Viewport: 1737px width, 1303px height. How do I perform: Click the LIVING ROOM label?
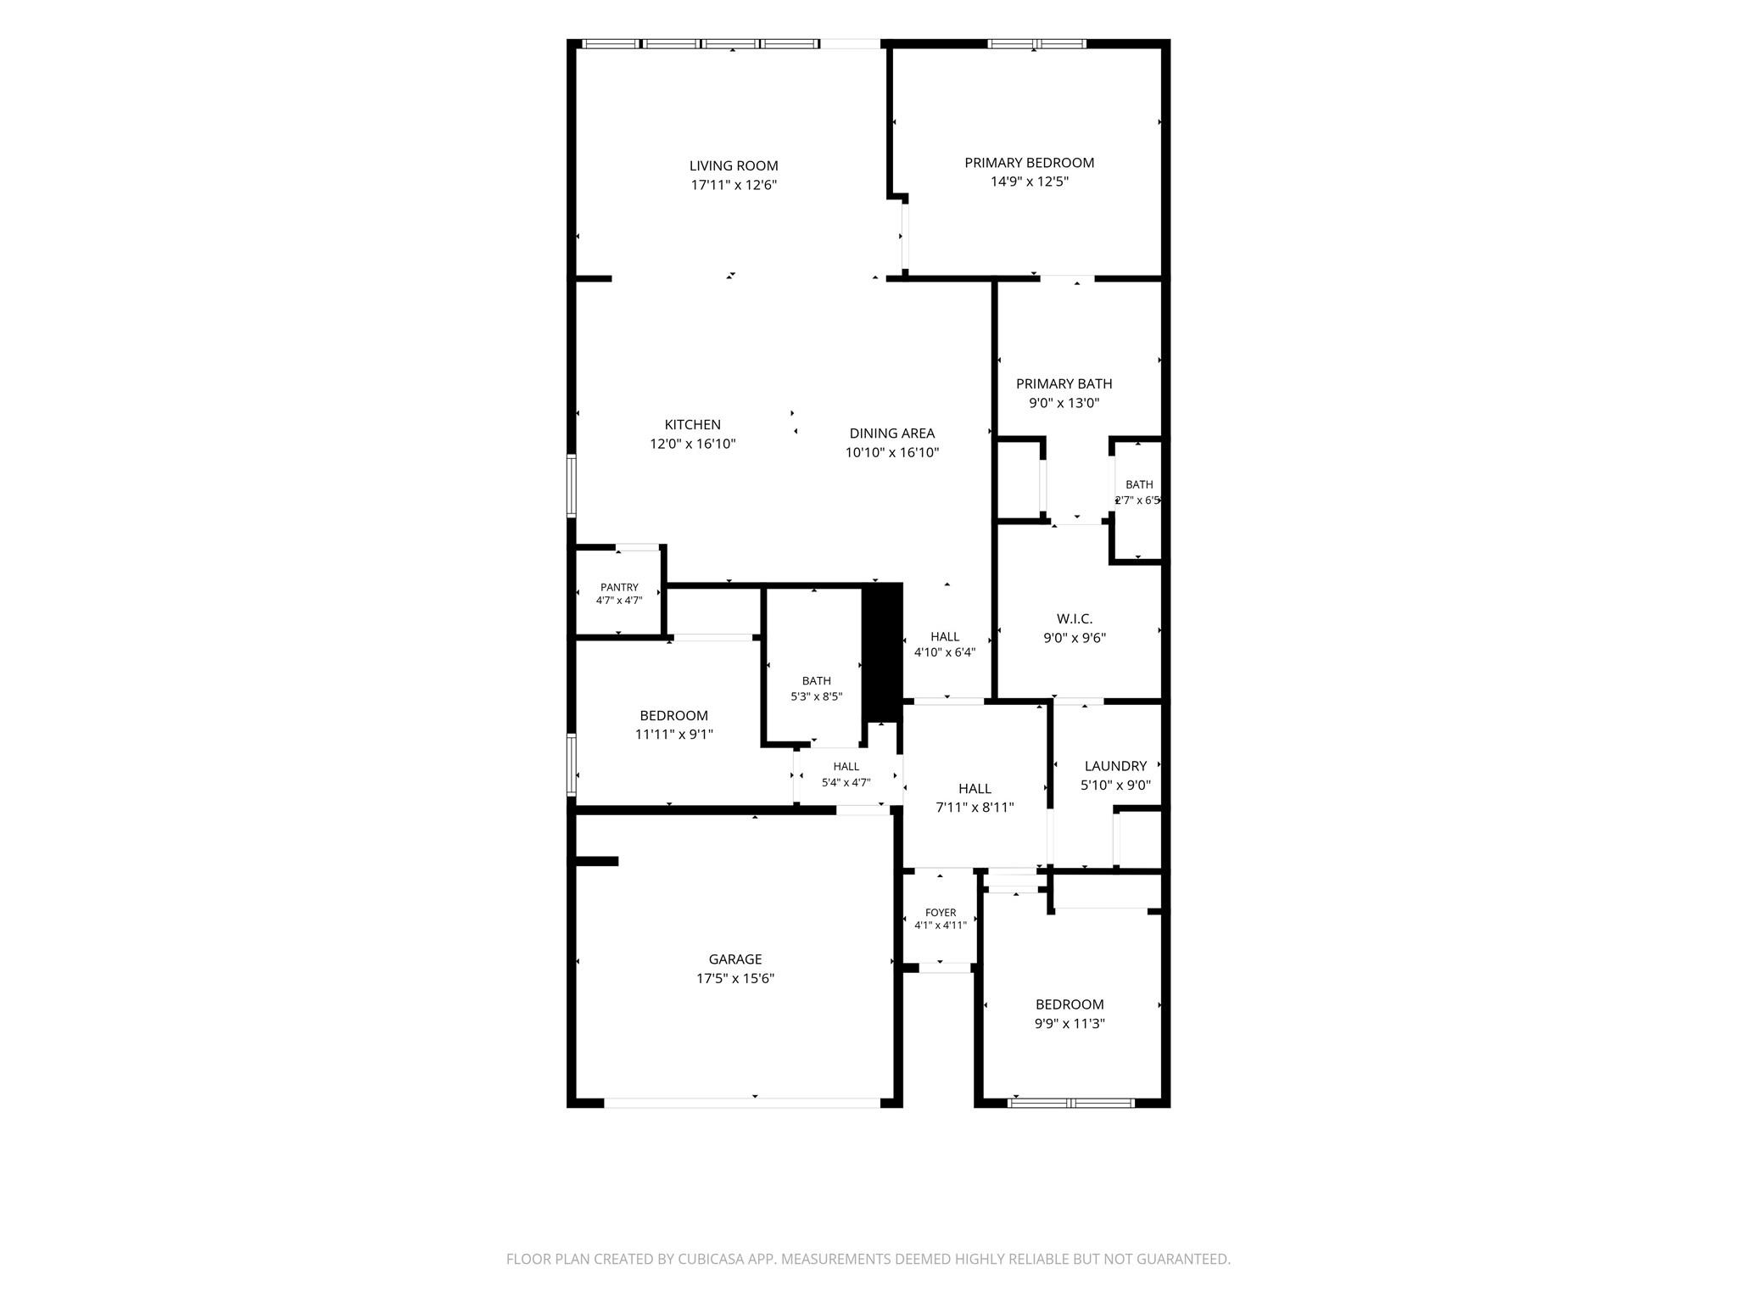734,166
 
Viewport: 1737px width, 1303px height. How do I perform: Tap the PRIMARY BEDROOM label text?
1030,163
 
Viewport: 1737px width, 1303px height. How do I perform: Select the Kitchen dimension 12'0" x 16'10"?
693,444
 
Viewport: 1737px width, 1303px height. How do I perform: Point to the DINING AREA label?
892,433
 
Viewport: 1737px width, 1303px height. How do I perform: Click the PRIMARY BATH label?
1064,384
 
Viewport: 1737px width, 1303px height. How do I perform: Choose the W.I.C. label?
1075,619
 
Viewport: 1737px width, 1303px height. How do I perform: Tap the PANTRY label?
619,587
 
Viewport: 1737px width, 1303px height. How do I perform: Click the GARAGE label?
735,959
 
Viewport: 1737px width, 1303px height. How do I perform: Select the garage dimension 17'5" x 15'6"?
735,979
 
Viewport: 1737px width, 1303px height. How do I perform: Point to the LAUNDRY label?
1115,766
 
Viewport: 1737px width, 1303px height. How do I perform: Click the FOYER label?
941,913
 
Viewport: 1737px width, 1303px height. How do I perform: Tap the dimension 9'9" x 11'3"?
1070,1024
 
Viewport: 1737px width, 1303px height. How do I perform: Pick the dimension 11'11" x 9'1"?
674,735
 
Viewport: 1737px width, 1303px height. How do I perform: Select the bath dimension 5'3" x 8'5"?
817,697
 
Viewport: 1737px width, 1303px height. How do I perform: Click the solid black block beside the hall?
882,651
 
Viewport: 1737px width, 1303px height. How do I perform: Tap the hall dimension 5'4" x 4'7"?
846,783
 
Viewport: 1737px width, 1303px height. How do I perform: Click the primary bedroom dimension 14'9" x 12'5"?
1030,182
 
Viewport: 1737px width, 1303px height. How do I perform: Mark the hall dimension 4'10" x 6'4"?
945,653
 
